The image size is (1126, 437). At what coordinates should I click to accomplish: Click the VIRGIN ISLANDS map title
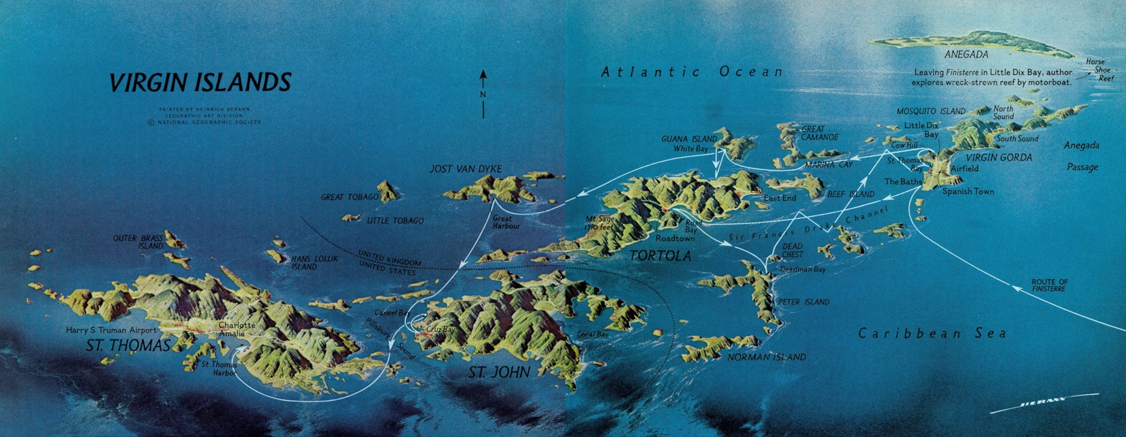coord(200,82)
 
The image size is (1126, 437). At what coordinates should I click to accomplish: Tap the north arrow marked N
coord(483,93)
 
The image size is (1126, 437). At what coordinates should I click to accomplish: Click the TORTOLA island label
coord(660,255)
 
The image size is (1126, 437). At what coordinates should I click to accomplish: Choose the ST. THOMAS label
coord(128,346)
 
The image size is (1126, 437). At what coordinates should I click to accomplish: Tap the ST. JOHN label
coord(499,372)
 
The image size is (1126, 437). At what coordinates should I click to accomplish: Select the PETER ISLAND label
coord(803,302)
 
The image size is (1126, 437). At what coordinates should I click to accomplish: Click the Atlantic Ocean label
coord(692,72)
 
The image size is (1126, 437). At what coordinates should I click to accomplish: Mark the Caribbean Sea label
coord(932,333)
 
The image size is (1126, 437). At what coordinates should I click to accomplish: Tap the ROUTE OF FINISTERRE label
coord(1049,285)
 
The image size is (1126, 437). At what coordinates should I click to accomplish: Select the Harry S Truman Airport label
coord(111,330)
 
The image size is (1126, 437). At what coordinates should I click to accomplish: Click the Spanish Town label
coord(968,191)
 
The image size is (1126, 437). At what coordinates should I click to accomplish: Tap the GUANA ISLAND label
coord(689,139)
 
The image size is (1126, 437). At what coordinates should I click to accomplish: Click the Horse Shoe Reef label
coord(1104,70)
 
